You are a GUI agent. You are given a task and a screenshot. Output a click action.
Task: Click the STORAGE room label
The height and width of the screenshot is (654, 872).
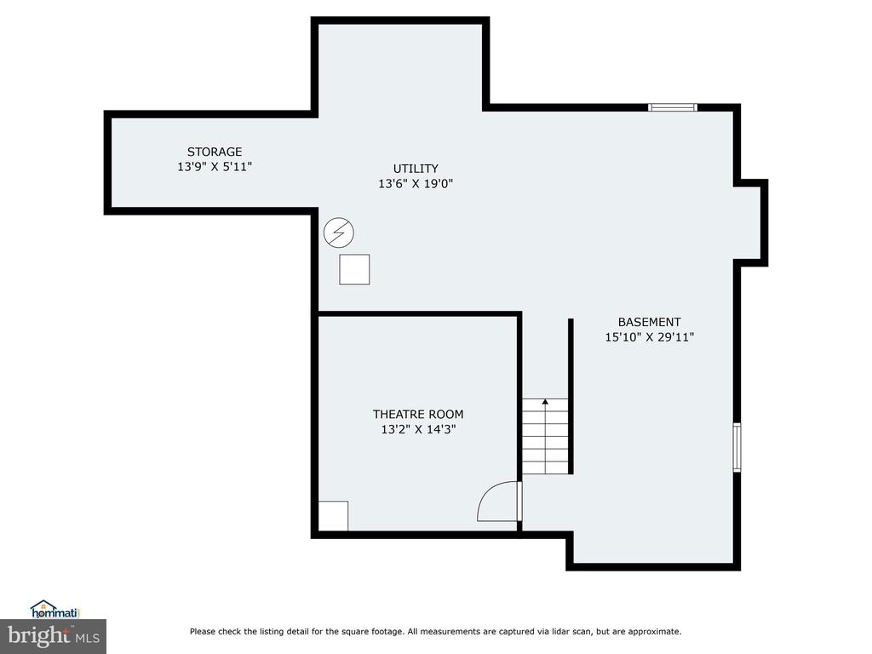click(x=215, y=152)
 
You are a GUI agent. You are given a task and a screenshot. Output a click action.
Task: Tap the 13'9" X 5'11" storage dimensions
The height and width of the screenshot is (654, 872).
click(x=215, y=166)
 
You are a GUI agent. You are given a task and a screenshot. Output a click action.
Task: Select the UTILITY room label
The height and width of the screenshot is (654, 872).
click(x=416, y=169)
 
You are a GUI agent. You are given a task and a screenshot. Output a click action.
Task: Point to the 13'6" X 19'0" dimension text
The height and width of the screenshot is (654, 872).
click(x=416, y=184)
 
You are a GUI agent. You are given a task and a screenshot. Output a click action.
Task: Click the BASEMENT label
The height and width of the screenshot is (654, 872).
click(x=650, y=322)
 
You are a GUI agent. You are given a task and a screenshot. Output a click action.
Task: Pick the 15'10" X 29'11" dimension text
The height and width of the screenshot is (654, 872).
click(x=650, y=337)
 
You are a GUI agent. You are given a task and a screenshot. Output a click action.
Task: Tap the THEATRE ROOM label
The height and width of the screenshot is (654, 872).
click(x=418, y=415)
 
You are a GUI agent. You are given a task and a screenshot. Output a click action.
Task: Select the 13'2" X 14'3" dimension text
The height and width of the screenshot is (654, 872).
click(x=418, y=429)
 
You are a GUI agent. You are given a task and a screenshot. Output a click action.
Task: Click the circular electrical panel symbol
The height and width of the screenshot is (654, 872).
click(x=339, y=233)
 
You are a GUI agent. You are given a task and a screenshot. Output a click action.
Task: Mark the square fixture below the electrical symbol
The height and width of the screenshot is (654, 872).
click(x=355, y=270)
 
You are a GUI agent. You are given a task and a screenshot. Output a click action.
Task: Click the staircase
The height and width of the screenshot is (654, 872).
click(x=546, y=436)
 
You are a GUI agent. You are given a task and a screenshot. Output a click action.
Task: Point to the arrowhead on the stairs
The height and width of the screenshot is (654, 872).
click(x=546, y=401)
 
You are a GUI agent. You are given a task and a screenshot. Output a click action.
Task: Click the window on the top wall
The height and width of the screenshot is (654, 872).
click(x=673, y=107)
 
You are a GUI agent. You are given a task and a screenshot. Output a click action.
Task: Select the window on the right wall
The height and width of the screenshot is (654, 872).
click(x=737, y=447)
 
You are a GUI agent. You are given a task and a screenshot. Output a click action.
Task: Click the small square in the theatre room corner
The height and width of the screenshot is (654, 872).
click(x=333, y=516)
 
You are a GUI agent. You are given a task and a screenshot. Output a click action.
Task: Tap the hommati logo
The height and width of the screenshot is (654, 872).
click(x=55, y=610)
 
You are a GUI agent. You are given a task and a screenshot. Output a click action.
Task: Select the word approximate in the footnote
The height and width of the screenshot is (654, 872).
click(x=655, y=632)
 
